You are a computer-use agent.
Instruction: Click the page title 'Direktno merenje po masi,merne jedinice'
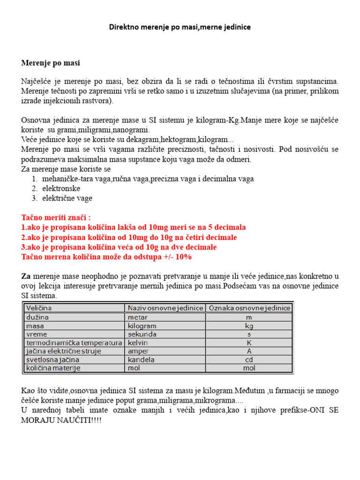(180, 27)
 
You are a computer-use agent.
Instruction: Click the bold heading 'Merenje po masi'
(53, 62)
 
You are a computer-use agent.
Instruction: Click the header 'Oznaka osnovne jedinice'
(249, 308)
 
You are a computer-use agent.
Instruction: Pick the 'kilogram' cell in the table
(142, 325)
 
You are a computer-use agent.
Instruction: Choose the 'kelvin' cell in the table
(138, 343)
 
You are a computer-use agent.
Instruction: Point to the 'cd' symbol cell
(249, 360)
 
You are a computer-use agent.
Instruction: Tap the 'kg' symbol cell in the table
(249, 325)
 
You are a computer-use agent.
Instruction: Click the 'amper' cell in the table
(138, 351)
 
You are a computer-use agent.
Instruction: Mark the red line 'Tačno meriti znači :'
(56, 217)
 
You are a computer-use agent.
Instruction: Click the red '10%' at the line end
(183, 257)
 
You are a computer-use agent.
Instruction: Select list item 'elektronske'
(61, 188)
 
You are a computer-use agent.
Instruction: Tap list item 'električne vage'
(67, 198)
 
